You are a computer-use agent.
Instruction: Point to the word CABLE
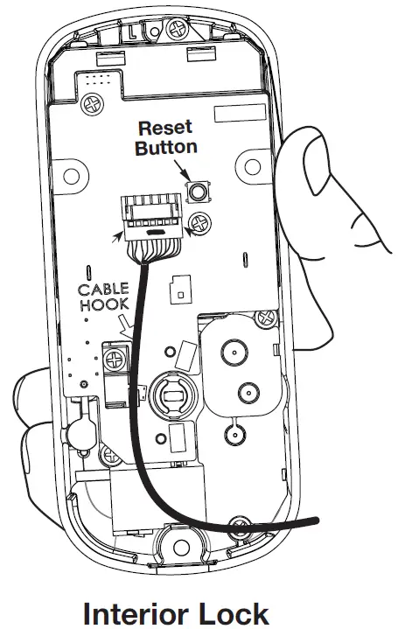(103, 290)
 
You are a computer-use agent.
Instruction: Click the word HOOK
(103, 307)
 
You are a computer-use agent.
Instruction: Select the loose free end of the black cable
(313, 522)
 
